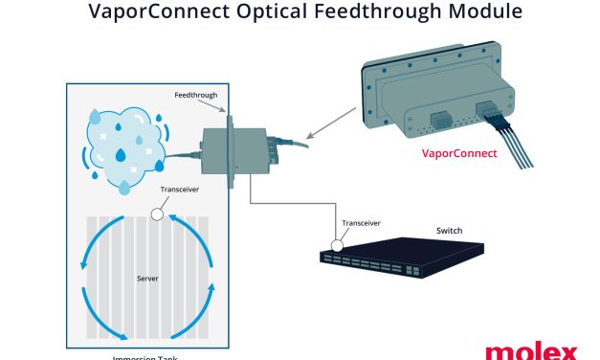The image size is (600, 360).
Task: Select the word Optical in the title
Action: tap(258, 13)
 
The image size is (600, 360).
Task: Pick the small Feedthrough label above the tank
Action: tap(197, 96)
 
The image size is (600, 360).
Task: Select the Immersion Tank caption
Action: tap(144, 355)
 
